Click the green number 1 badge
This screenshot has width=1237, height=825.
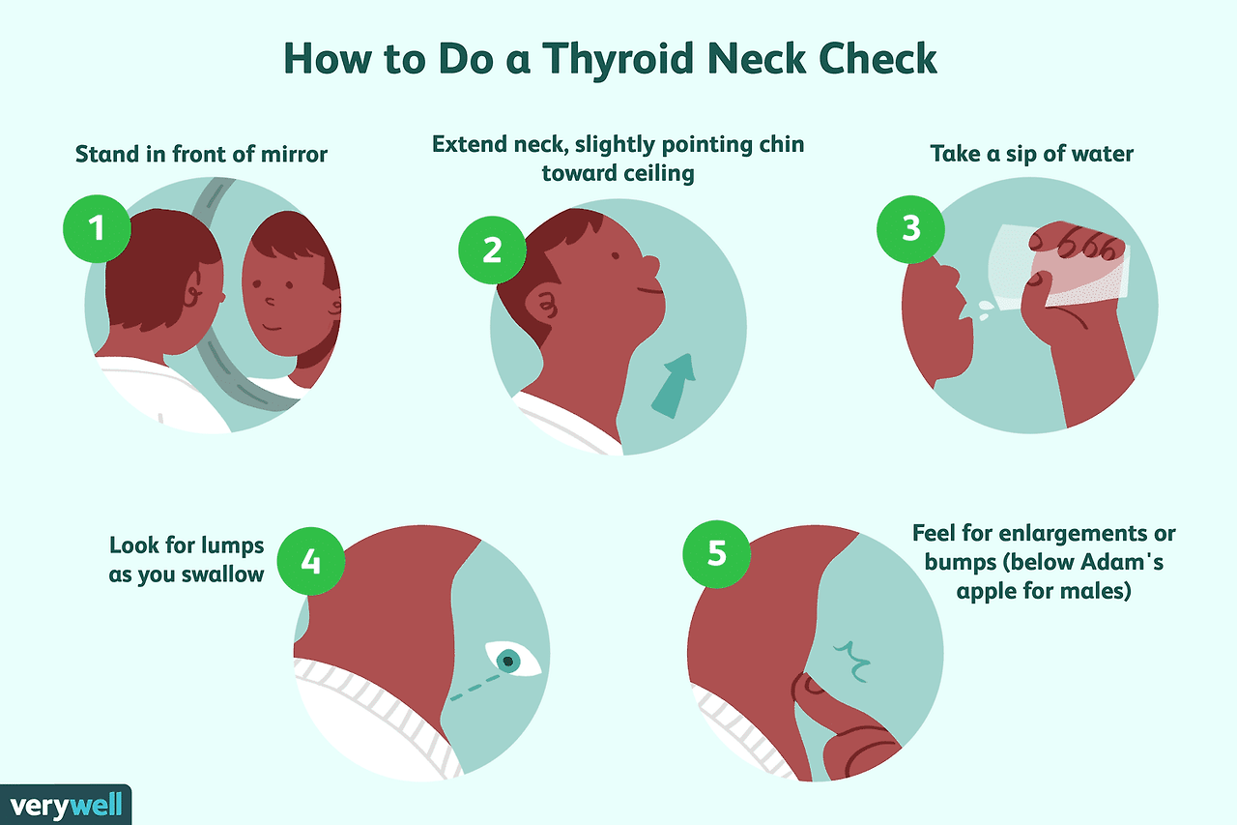(x=98, y=228)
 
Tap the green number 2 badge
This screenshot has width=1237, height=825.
(x=492, y=250)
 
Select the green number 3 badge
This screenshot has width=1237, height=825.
(x=910, y=229)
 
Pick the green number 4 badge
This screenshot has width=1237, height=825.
(x=311, y=561)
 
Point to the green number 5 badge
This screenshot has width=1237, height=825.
(x=717, y=553)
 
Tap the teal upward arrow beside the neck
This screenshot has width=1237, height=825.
(x=674, y=386)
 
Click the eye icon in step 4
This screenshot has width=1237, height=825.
(x=512, y=659)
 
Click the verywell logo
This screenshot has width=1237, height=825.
(x=66, y=805)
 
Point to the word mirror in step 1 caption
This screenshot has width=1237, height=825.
(x=295, y=154)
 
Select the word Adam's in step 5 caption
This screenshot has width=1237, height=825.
(x=1122, y=562)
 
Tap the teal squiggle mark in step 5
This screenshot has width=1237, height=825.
(x=852, y=661)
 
